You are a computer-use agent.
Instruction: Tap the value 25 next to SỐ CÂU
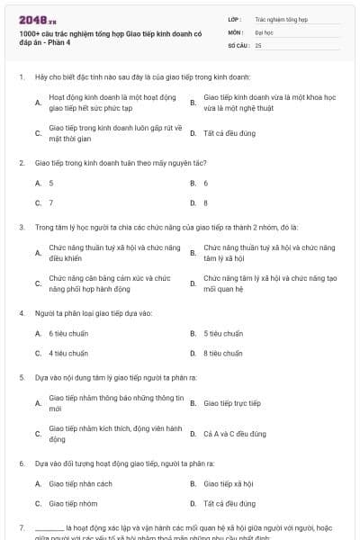tap(258, 44)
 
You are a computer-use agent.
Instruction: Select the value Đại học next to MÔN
tap(264, 31)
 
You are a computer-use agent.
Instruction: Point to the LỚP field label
tap(235, 18)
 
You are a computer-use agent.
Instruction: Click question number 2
tap(22, 163)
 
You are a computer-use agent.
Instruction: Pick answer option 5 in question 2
tap(51, 183)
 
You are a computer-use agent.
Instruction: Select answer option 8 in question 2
tap(206, 203)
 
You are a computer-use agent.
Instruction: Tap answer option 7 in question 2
tap(51, 203)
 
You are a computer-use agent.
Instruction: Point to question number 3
tap(22, 228)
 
